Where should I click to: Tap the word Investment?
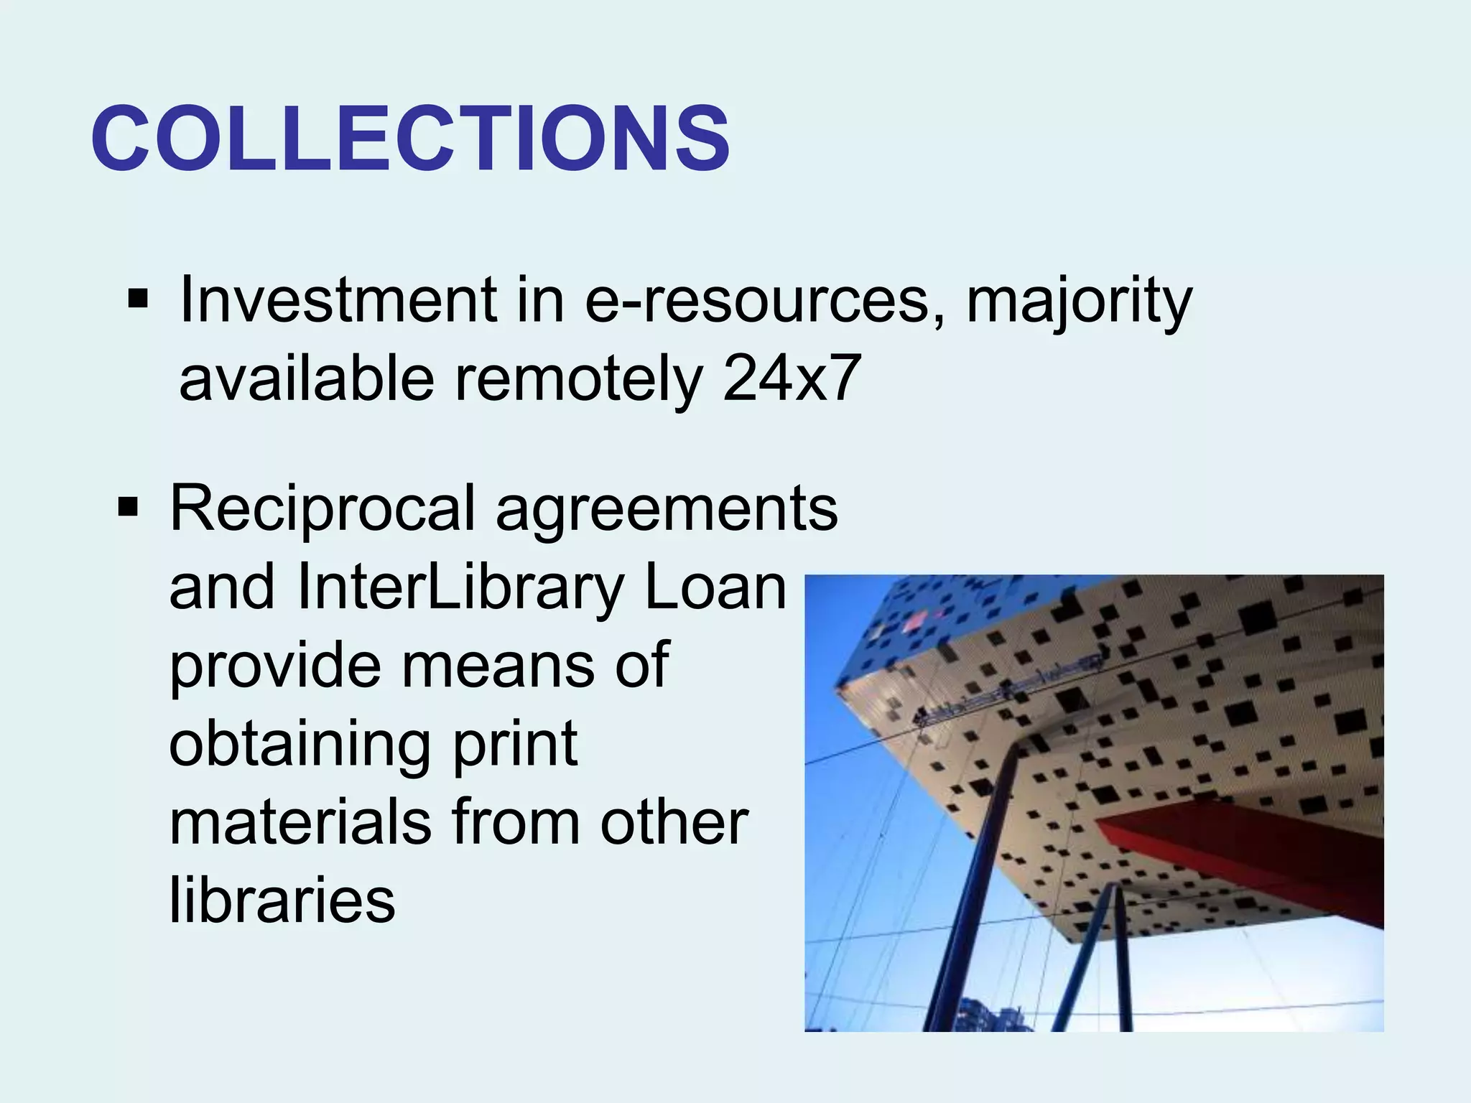coord(338,299)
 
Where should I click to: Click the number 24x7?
coord(792,378)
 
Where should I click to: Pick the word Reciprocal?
coord(322,508)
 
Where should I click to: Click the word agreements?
coord(667,508)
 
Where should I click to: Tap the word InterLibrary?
coord(460,587)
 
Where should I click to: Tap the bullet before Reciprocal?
coord(128,507)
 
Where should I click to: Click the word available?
coord(307,378)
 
